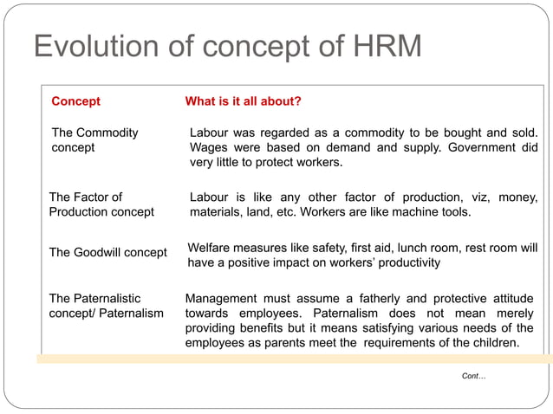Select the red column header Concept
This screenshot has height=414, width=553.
[x=75, y=101]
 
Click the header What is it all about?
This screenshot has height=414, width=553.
[x=244, y=101]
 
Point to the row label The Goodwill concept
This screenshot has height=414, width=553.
[x=107, y=253]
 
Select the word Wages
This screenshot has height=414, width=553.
[x=209, y=147]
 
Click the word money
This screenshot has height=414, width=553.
[x=518, y=197]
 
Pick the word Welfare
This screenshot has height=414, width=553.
[x=211, y=248]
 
